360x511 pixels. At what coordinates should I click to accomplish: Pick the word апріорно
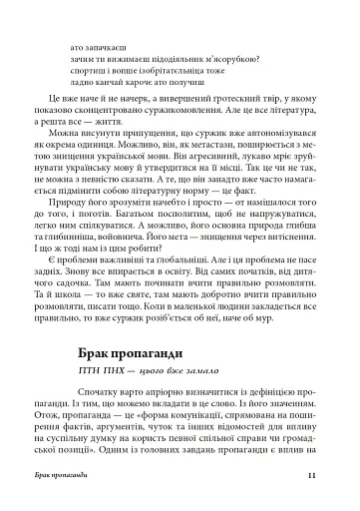[x=159, y=367]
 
